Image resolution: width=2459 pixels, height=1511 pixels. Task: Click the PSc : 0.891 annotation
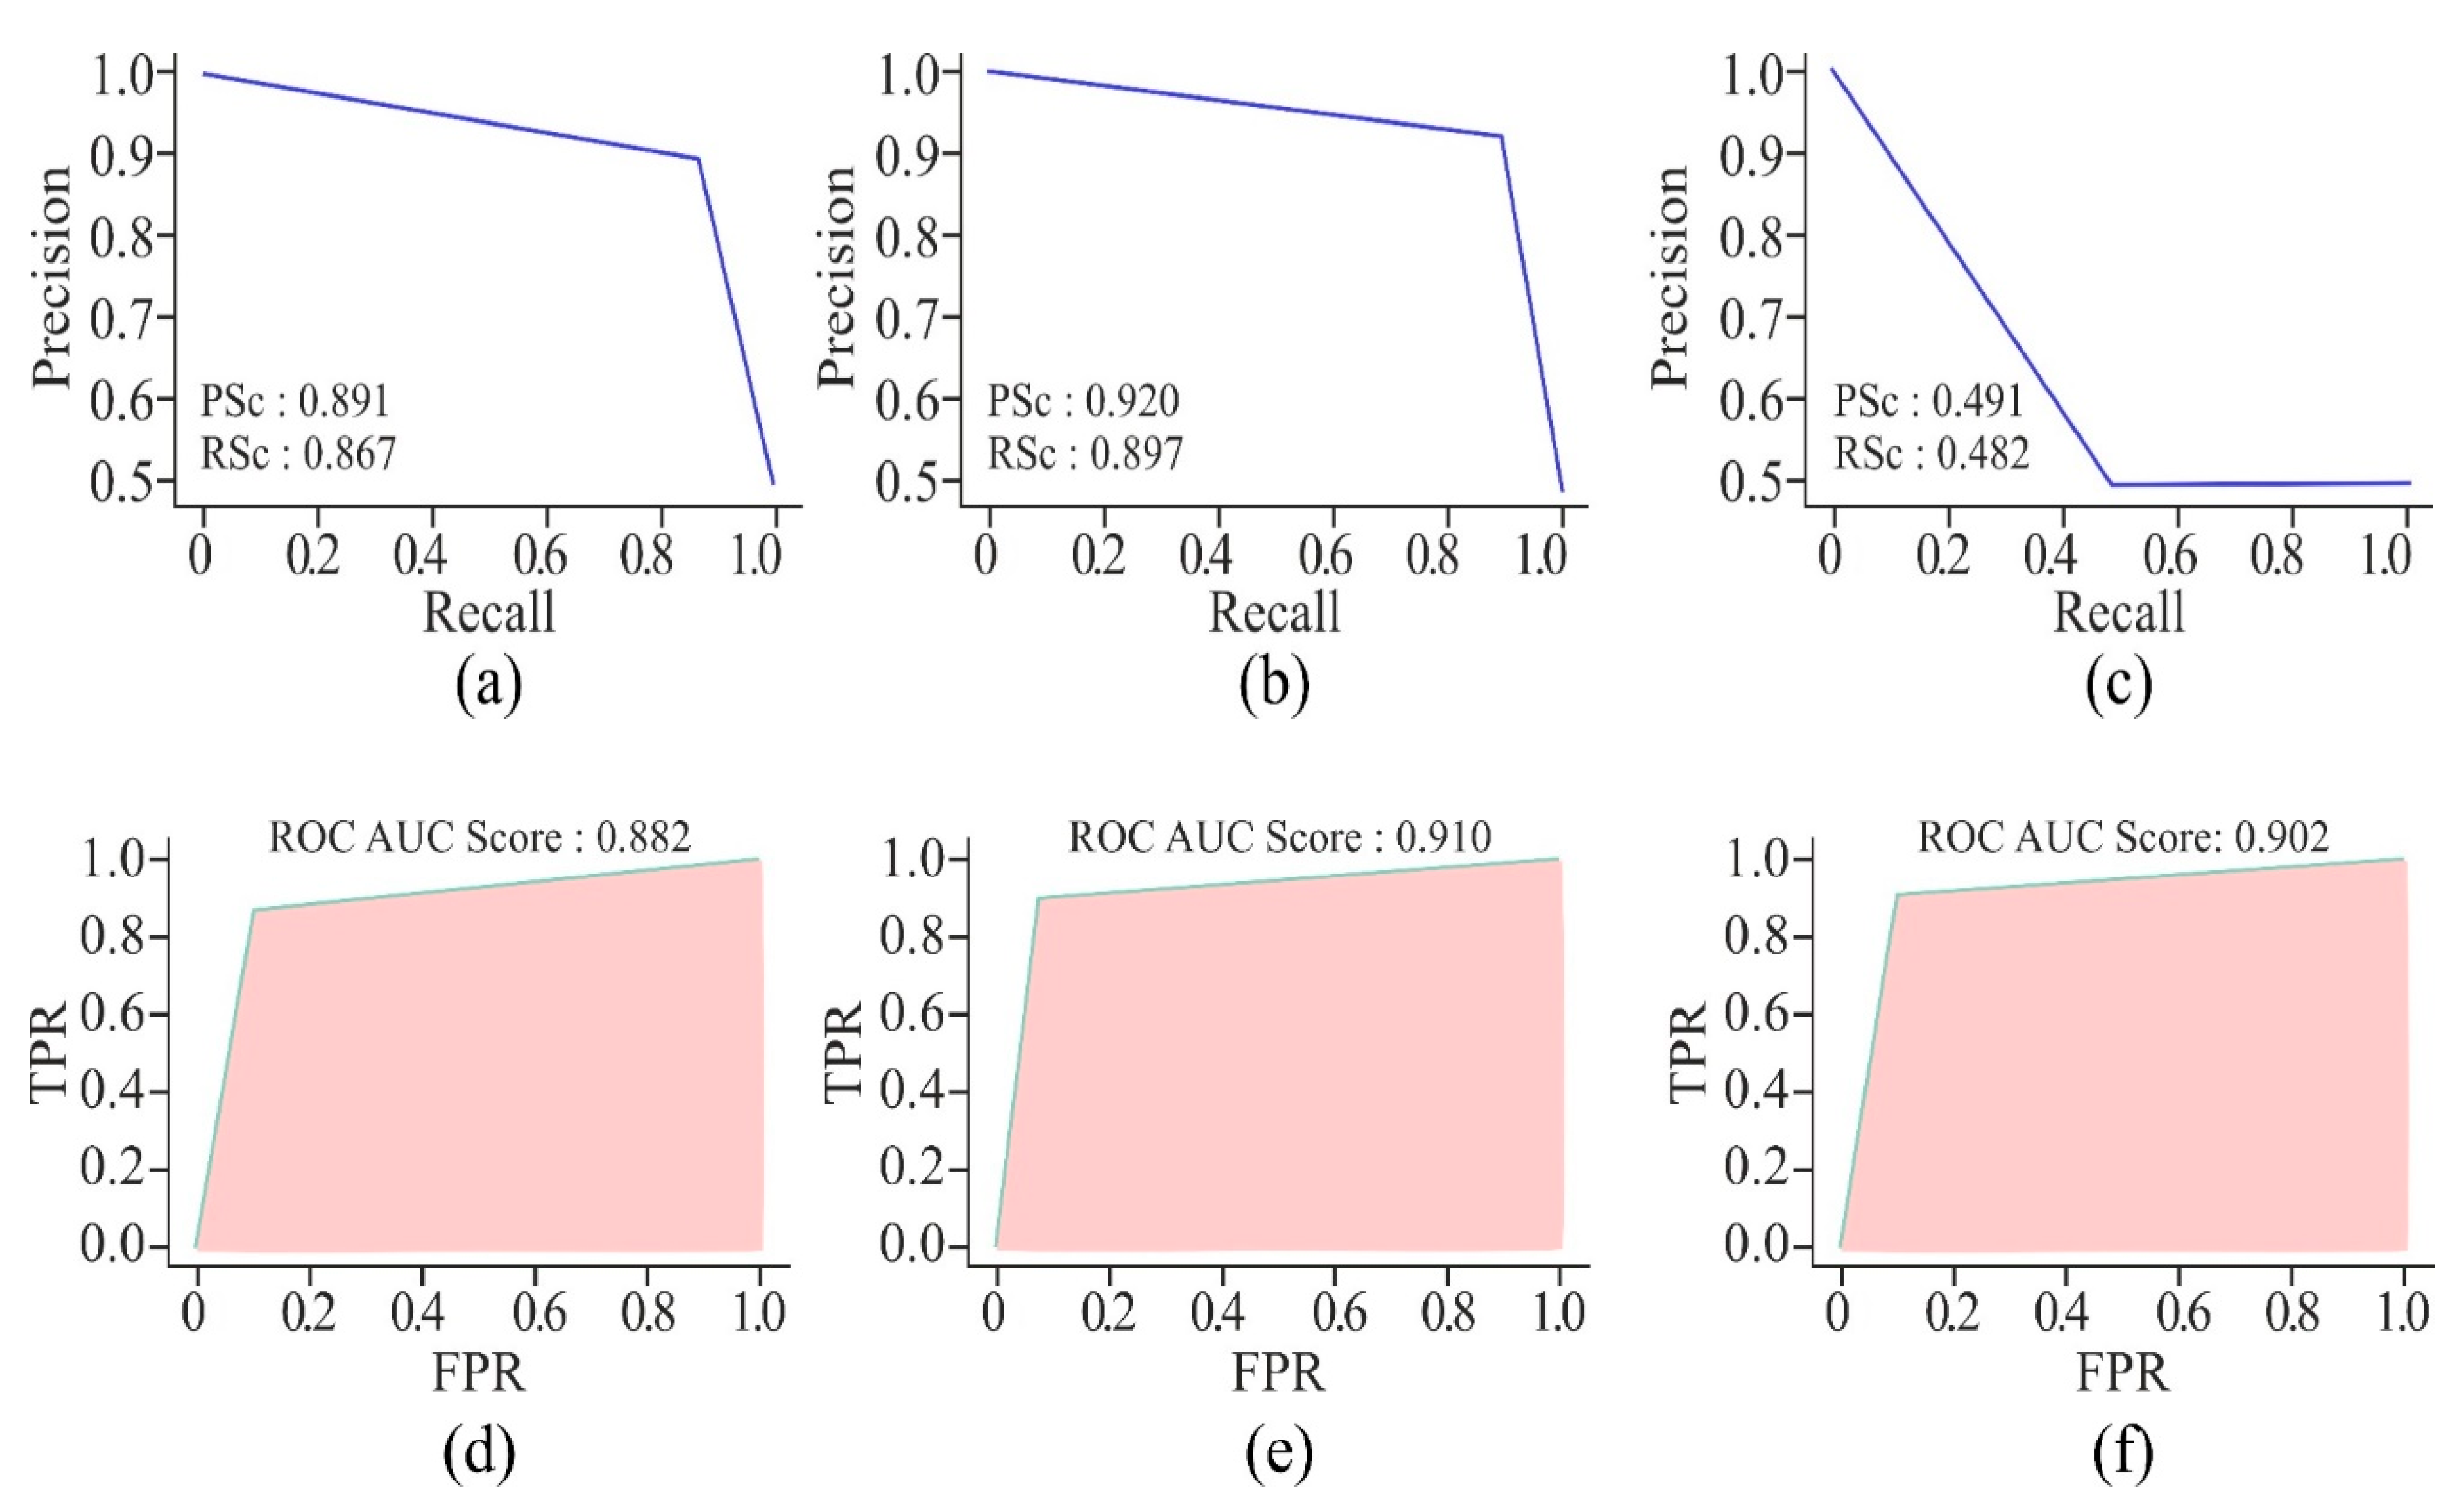click(x=295, y=401)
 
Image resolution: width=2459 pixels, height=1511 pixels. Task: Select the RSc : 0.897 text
click(x=1085, y=454)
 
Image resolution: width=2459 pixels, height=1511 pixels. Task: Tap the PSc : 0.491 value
click(x=1928, y=401)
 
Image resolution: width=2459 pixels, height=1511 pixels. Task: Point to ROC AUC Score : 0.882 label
click(x=479, y=836)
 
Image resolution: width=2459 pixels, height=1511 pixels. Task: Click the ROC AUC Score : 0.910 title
click(x=1280, y=836)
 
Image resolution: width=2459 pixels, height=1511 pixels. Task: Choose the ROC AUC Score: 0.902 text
click(x=2123, y=836)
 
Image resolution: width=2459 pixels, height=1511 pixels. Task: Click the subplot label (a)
click(x=489, y=685)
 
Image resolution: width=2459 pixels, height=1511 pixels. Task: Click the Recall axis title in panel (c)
click(x=2119, y=612)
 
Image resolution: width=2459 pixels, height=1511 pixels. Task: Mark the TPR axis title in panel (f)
click(x=1688, y=1053)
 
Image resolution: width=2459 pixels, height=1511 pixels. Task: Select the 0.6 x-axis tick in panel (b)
click(x=1326, y=555)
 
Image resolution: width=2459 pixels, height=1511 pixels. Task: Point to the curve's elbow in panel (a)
click(x=697, y=159)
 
